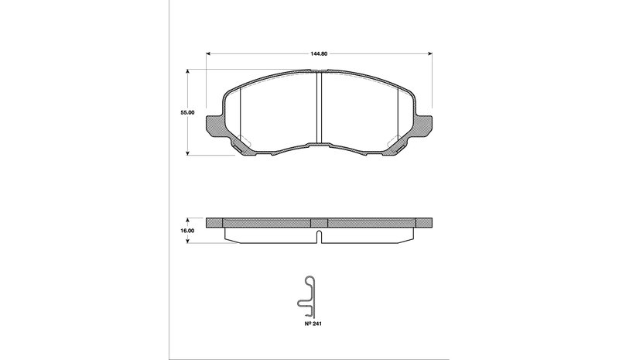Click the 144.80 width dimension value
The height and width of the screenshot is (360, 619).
coord(319,53)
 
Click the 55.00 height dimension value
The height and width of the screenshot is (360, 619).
coord(187,112)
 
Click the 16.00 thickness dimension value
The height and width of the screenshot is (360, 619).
coord(187,231)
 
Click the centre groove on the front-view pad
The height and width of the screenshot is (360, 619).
coord(319,108)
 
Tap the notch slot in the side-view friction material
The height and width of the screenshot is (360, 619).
coord(319,237)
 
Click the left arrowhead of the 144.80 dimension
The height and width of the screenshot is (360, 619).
coord(208,53)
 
